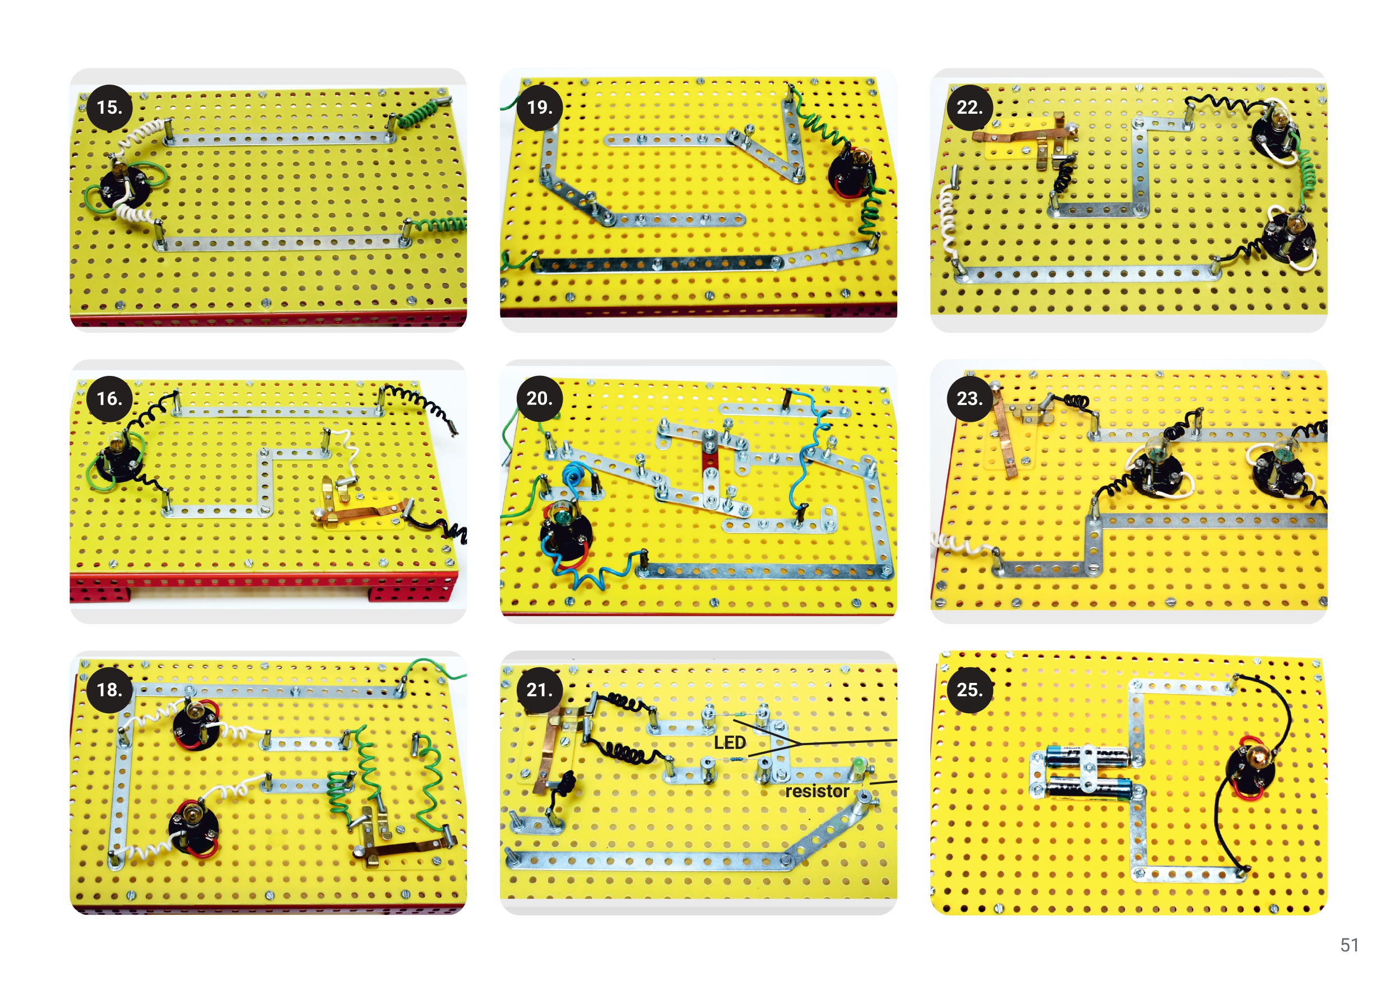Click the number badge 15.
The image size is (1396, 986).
(109, 108)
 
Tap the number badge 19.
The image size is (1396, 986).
(539, 108)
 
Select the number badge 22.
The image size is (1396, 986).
(970, 108)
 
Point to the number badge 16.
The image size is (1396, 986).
(109, 399)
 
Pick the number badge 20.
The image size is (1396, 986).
(539, 399)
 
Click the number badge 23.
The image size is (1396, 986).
(970, 399)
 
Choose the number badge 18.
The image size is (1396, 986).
(109, 690)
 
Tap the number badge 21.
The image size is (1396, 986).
(539, 690)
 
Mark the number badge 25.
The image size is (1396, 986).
(970, 690)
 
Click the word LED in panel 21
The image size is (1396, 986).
(730, 743)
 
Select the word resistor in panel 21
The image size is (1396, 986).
(817, 792)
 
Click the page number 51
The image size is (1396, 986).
(1349, 945)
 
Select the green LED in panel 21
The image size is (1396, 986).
(858, 765)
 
